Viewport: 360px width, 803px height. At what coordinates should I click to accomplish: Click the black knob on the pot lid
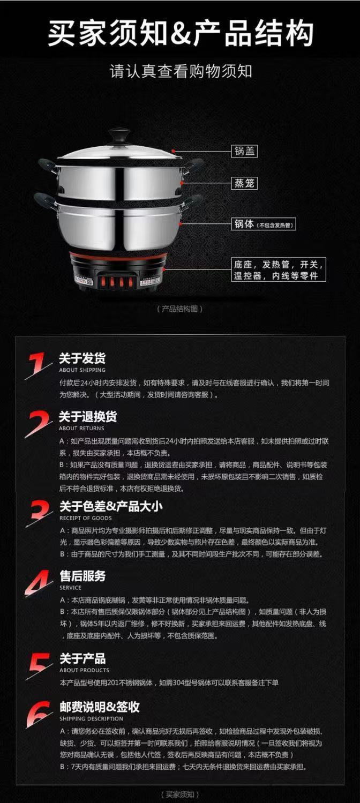point(119,136)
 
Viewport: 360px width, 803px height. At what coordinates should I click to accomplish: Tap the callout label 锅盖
point(244,151)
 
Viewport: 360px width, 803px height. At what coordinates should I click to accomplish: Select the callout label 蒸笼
point(244,183)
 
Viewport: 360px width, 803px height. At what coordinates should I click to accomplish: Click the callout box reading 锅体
point(264,224)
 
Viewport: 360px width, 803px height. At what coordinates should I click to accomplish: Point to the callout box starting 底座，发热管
point(279,269)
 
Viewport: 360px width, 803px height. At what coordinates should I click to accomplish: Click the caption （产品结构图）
point(179,309)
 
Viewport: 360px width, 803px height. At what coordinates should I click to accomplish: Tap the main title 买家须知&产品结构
point(181,33)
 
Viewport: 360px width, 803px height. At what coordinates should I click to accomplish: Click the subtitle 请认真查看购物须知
point(181,71)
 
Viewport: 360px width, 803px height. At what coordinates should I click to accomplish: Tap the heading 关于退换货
point(88,417)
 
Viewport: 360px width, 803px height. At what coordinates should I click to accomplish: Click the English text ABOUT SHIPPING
point(82,370)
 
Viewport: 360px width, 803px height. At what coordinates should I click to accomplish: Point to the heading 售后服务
point(83,576)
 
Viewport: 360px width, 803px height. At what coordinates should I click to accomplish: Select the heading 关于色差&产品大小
point(111,506)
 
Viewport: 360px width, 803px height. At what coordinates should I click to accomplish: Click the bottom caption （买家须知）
point(179,795)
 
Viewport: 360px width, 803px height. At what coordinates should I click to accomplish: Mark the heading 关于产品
point(82,658)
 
